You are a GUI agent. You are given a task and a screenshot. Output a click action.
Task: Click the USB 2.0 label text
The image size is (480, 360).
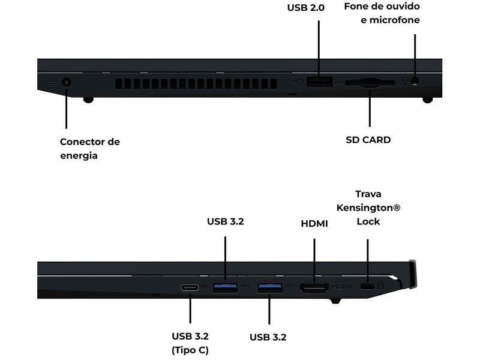(306, 8)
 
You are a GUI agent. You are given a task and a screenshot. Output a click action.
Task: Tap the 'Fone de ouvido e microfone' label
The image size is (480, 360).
(382, 13)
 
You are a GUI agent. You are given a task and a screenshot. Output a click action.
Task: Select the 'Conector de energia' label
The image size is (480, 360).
(90, 148)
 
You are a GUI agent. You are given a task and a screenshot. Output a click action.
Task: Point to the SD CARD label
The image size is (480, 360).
(368, 140)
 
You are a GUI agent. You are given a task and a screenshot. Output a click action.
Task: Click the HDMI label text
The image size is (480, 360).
(314, 223)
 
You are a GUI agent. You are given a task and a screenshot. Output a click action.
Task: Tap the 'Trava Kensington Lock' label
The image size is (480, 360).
(368, 208)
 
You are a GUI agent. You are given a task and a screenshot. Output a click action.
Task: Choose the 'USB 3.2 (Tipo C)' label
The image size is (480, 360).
(190, 343)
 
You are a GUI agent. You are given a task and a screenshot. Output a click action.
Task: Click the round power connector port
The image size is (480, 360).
(67, 82)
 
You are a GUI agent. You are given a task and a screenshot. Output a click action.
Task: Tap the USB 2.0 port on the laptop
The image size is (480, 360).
(320, 82)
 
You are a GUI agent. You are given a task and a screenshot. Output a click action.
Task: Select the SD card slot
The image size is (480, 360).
(370, 83)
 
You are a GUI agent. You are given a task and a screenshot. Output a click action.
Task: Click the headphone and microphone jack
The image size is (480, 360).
(415, 81)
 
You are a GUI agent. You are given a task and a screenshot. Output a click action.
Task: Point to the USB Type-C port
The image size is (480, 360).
(190, 288)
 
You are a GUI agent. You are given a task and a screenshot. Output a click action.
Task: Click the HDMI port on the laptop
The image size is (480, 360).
(314, 288)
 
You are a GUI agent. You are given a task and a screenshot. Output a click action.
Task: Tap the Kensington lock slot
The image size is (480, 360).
(367, 287)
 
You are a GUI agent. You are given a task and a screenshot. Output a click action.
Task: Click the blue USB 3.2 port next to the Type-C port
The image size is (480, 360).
(226, 288)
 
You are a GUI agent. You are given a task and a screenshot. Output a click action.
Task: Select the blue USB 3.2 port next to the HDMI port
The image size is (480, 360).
(269, 288)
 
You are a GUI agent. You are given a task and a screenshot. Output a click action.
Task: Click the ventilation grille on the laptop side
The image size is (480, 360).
(196, 84)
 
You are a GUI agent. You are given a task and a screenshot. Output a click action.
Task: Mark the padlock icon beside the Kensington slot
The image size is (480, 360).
(380, 284)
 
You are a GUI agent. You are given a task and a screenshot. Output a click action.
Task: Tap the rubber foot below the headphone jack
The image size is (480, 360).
(428, 100)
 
